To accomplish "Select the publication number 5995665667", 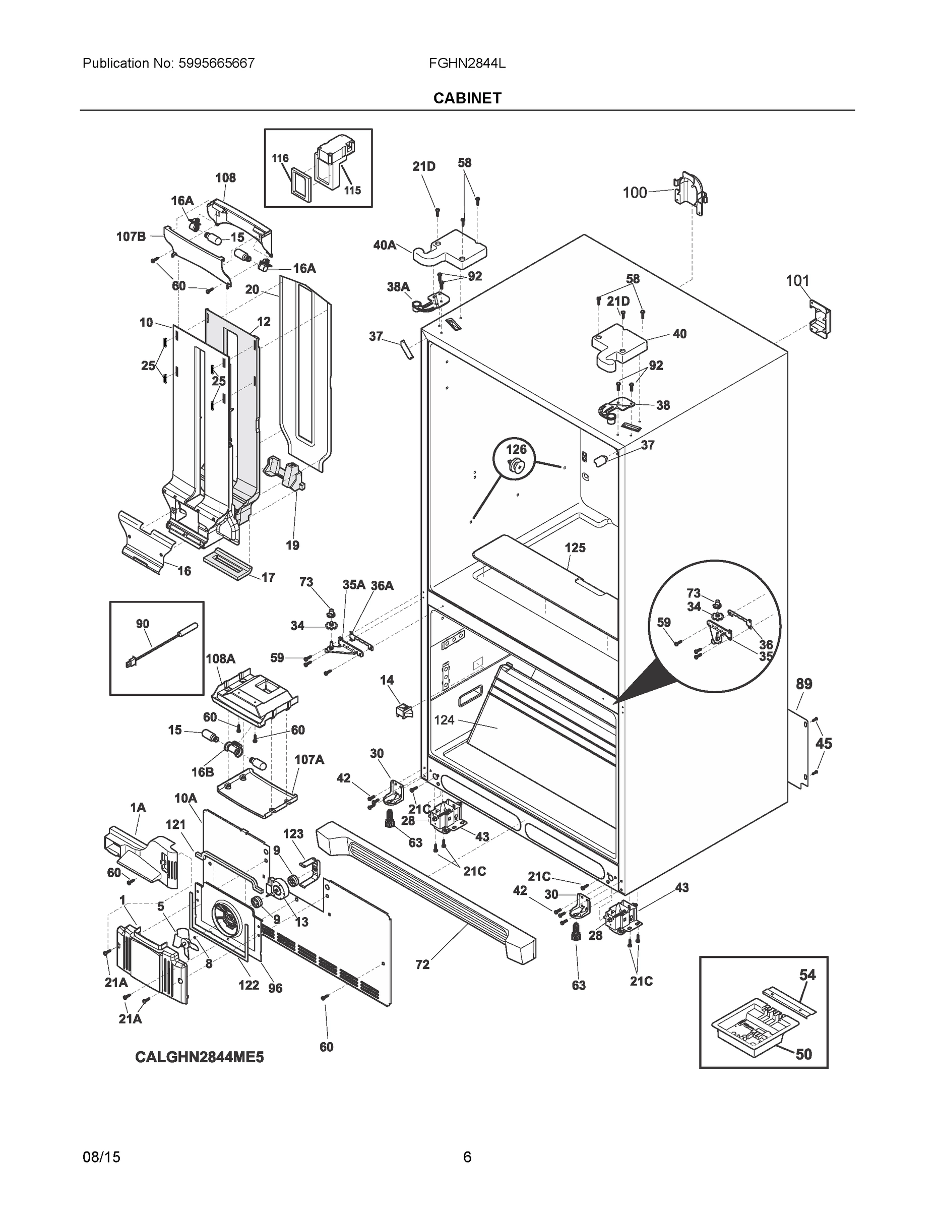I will tap(216, 63).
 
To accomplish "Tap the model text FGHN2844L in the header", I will tap(466, 63).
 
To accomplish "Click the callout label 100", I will tap(635, 192).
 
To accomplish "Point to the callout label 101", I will tap(797, 281).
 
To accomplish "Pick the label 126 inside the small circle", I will tap(516, 449).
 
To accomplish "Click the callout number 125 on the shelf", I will tap(575, 548).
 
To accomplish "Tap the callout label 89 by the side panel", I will tap(804, 684).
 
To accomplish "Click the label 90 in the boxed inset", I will tap(142, 624).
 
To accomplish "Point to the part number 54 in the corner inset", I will tap(807, 975).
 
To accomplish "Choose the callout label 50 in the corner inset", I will tap(803, 1054).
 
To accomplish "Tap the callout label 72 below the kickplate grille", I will tap(422, 964).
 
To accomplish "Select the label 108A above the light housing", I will tap(220, 659).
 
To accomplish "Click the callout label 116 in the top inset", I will tap(280, 158).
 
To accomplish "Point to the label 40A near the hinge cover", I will tap(385, 245).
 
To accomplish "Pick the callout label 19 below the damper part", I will tap(292, 545).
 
